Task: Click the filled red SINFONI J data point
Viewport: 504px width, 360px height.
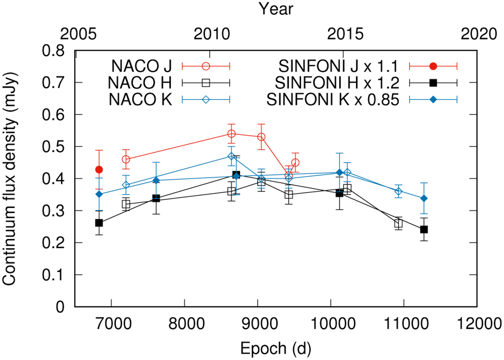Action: (x=99, y=170)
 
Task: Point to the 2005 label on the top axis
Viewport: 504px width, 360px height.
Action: (x=75, y=33)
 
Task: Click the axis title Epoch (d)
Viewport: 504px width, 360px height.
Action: (x=275, y=348)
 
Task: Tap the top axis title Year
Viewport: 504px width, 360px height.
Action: (x=275, y=8)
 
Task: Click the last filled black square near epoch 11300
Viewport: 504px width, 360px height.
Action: (x=424, y=229)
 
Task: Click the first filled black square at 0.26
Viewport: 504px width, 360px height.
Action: (x=99, y=223)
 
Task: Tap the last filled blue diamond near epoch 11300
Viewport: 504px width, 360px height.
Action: (x=424, y=198)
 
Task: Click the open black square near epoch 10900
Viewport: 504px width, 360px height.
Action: (x=398, y=224)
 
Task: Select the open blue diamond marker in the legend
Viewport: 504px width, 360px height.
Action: (x=206, y=100)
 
